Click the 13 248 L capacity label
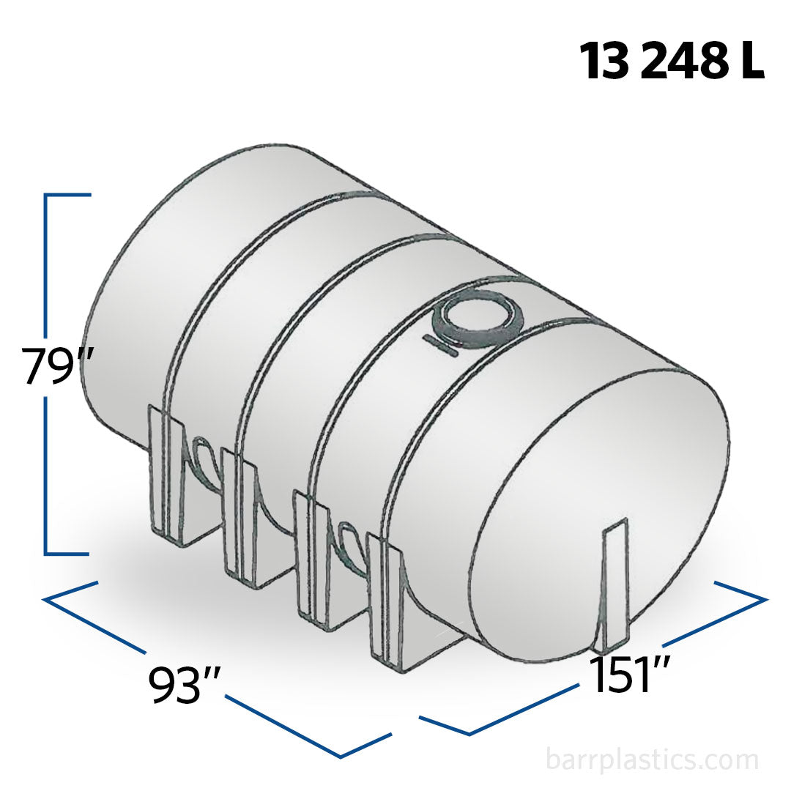[672, 61]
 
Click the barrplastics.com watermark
[653, 759]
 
